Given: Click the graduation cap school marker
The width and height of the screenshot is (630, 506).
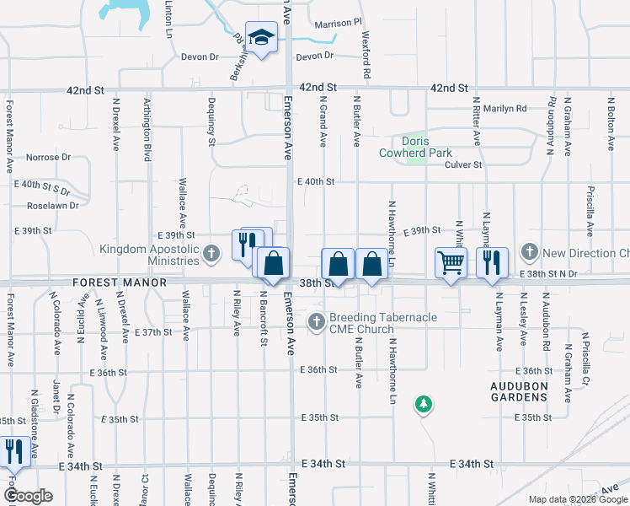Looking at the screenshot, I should (x=262, y=38).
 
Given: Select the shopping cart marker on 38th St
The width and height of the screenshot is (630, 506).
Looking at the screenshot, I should (x=451, y=263).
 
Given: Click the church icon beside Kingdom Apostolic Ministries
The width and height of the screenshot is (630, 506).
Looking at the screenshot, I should (x=211, y=251).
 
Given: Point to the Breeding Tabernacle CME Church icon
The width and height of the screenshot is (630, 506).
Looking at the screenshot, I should (x=316, y=320).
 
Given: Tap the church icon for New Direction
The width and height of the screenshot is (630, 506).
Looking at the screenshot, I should (x=529, y=251).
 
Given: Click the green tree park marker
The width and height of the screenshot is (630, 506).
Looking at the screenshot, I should (x=423, y=406).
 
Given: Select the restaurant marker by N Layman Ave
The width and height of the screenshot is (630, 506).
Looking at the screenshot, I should (x=492, y=263).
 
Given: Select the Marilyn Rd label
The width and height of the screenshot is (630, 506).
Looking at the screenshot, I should (x=505, y=109).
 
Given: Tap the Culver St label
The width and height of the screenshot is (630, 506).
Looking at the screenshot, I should (x=463, y=165).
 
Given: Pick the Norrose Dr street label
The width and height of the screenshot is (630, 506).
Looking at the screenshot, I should (x=49, y=157).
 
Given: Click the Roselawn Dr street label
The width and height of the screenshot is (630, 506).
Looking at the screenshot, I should (x=52, y=205).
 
